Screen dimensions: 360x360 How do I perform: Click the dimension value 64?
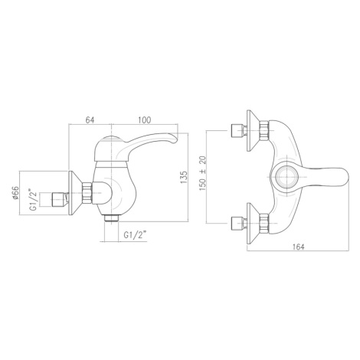(90, 119)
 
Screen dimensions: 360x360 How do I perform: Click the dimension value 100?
(145, 119)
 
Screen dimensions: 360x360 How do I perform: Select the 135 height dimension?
(184, 177)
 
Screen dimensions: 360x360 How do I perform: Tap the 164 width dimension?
(299, 247)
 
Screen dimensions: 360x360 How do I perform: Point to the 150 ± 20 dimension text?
(202, 174)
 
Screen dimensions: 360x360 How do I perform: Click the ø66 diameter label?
(16, 193)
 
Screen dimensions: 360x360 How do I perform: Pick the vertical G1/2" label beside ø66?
(34, 199)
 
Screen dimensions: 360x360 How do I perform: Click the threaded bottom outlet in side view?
(112, 218)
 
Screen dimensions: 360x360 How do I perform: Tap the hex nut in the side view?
(87, 193)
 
